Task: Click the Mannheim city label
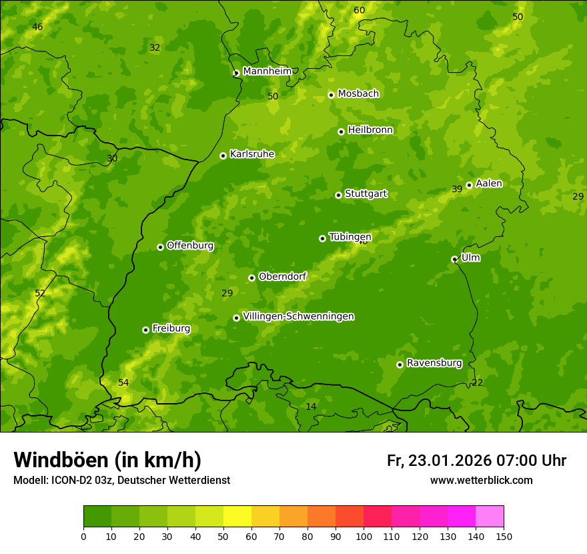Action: tap(267, 71)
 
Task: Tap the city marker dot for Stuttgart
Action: tap(338, 195)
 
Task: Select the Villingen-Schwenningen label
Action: tap(298, 316)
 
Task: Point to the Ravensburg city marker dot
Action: tap(400, 364)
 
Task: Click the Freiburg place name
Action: tap(171, 328)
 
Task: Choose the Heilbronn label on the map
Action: tap(370, 130)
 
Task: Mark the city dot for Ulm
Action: tap(454, 259)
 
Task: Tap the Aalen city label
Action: tap(488, 184)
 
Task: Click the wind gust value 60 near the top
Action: tap(359, 10)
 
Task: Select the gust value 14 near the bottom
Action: tap(311, 406)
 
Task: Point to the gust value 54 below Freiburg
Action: tap(123, 382)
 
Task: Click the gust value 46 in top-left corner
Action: tap(37, 27)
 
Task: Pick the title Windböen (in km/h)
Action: tap(107, 460)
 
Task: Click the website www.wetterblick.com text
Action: tap(481, 480)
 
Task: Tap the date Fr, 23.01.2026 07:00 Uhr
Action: tap(476, 461)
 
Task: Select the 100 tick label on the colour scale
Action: tap(364, 536)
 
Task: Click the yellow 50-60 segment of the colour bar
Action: tap(237, 517)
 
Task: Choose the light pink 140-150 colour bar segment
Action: tap(490, 517)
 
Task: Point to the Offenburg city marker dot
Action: tap(160, 247)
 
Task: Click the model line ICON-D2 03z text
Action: tap(121, 480)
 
